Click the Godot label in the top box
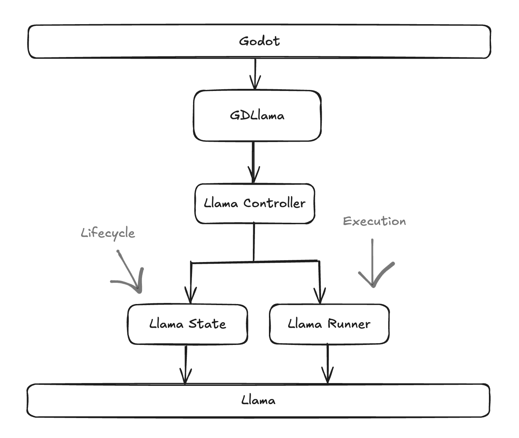(x=259, y=41)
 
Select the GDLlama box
(x=257, y=116)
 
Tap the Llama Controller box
(x=255, y=203)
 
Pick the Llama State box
(x=187, y=324)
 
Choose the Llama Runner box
(x=329, y=324)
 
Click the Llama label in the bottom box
(x=258, y=400)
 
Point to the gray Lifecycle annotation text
(x=108, y=233)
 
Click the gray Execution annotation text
(x=374, y=221)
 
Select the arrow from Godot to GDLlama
(x=255, y=74)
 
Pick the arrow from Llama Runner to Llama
(x=327, y=364)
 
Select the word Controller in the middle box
(x=274, y=203)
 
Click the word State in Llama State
(x=207, y=324)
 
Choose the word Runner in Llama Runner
(x=349, y=324)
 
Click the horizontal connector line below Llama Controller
(x=255, y=261)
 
